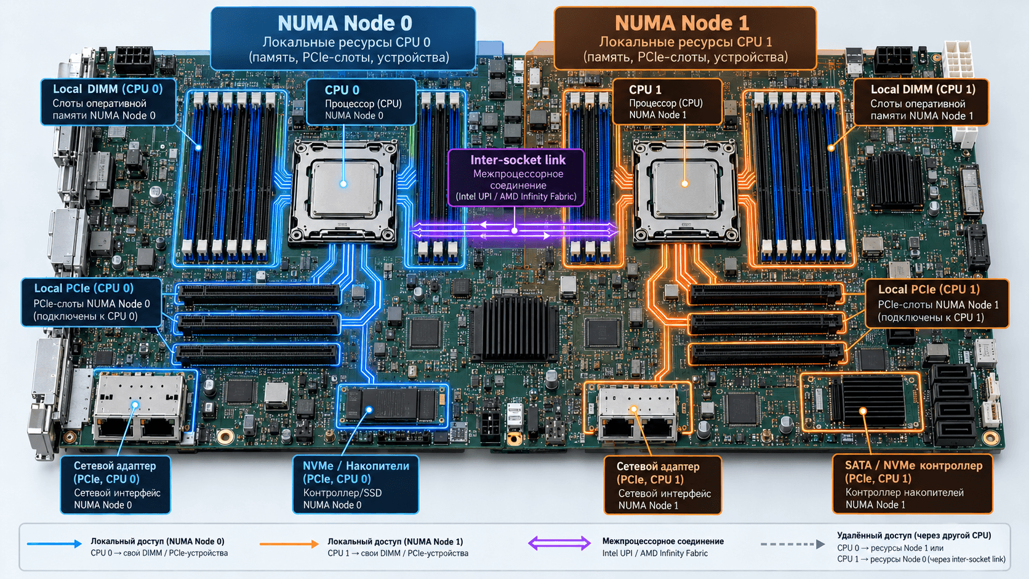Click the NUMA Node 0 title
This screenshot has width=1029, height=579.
[345, 23]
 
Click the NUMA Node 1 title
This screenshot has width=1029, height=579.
[682, 23]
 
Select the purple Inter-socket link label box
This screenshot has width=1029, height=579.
[516, 178]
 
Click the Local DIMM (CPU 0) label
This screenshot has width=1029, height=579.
[108, 102]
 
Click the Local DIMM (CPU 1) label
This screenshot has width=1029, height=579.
[921, 102]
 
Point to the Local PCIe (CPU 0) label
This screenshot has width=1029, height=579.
[92, 302]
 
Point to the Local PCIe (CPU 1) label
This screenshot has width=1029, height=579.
[937, 303]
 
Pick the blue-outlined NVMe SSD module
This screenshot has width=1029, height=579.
[393, 405]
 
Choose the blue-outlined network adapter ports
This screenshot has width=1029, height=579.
[140, 406]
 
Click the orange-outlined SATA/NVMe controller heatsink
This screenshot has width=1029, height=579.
[862, 402]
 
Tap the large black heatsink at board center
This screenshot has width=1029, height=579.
[514, 329]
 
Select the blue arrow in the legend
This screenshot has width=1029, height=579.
[54, 544]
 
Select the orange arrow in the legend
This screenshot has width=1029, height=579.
[289, 544]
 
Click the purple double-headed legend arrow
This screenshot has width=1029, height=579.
[559, 544]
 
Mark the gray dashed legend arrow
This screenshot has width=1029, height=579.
[793, 544]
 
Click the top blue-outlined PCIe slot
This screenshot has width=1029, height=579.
[258, 294]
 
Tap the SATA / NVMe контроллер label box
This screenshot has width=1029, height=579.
[912, 484]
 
